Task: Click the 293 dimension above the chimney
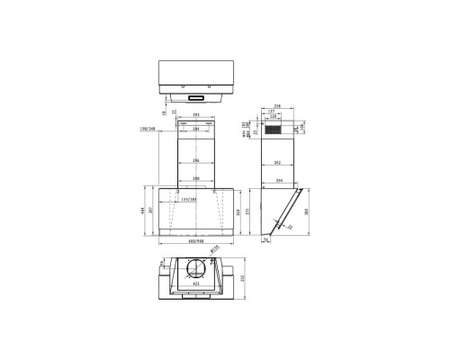[x=196, y=115]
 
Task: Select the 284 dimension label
[x=196, y=130]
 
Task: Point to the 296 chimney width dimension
[x=196, y=161]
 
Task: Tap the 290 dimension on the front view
[x=196, y=179]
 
